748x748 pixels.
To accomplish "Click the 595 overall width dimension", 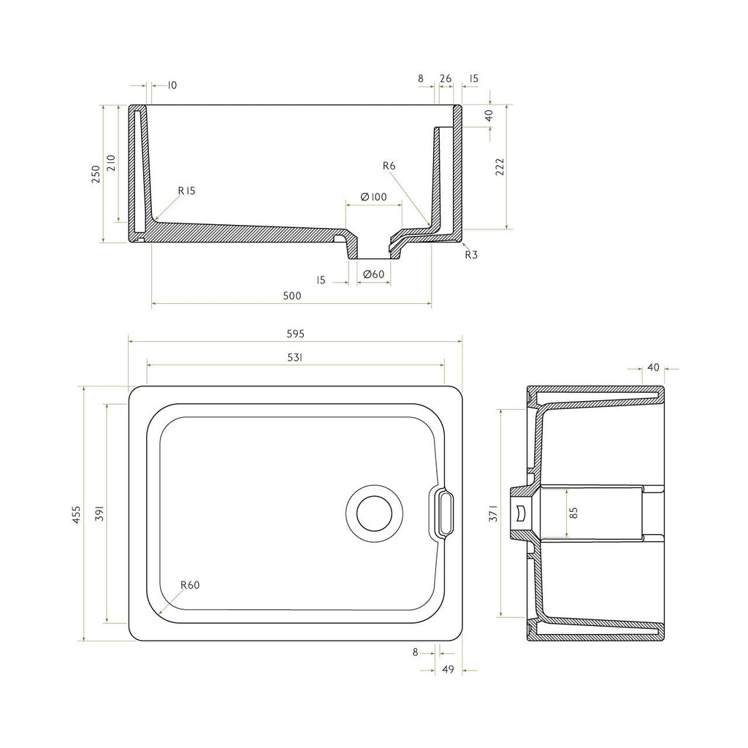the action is (295, 334).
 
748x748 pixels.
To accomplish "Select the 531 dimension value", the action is (295, 357).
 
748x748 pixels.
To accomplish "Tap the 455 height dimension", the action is (77, 515).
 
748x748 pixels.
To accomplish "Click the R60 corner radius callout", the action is (190, 585).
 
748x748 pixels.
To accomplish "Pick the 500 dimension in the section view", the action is (292, 296).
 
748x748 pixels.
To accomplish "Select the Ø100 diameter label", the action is (373, 196).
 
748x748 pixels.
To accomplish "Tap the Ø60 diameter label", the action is (373, 275).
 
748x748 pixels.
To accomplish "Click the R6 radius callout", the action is (389, 166).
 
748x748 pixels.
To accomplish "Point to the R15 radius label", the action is (186, 191).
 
